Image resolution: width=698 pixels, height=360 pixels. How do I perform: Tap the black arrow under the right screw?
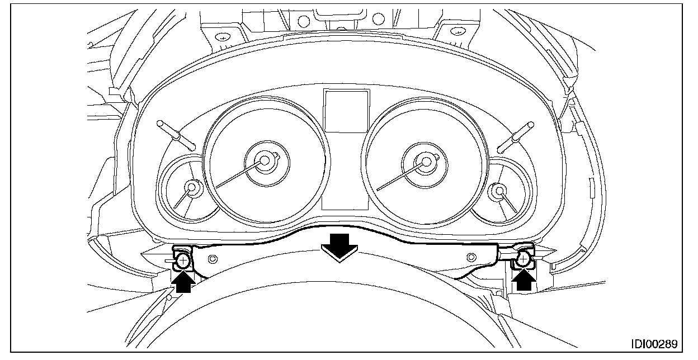[523, 278]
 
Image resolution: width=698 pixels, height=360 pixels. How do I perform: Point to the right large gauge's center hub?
[426, 162]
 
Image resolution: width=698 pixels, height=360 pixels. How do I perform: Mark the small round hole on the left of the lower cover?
[213, 259]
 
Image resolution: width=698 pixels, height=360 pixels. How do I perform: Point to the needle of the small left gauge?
[183, 200]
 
